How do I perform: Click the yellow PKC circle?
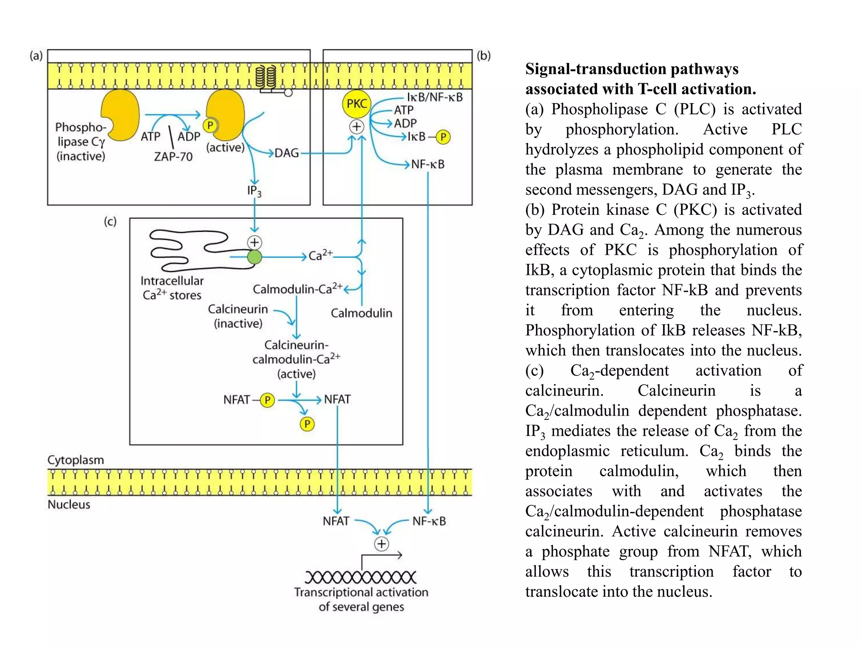pyautogui.click(x=357, y=104)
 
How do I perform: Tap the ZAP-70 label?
pyautogui.click(x=173, y=156)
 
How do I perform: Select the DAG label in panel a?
pyautogui.click(x=286, y=153)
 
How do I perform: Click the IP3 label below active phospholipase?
pyautogui.click(x=254, y=191)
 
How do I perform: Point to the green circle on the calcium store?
pyautogui.click(x=254, y=257)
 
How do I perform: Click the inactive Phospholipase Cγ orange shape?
pyautogui.click(x=121, y=114)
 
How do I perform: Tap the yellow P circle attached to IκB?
pyautogui.click(x=443, y=137)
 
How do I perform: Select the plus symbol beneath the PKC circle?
pyautogui.click(x=357, y=127)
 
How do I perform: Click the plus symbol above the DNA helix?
pyautogui.click(x=381, y=544)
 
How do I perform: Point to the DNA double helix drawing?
pyautogui.click(x=360, y=577)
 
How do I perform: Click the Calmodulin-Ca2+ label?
pyautogui.click(x=297, y=289)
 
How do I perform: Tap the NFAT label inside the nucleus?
pyautogui.click(x=336, y=521)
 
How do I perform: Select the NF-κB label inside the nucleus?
pyautogui.click(x=429, y=521)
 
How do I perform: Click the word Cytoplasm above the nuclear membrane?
pyautogui.click(x=76, y=460)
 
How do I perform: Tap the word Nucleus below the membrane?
pyautogui.click(x=69, y=504)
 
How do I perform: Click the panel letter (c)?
pyautogui.click(x=110, y=221)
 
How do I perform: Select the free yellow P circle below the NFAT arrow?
pyautogui.click(x=307, y=424)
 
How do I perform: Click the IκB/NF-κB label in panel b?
pyautogui.click(x=435, y=97)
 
